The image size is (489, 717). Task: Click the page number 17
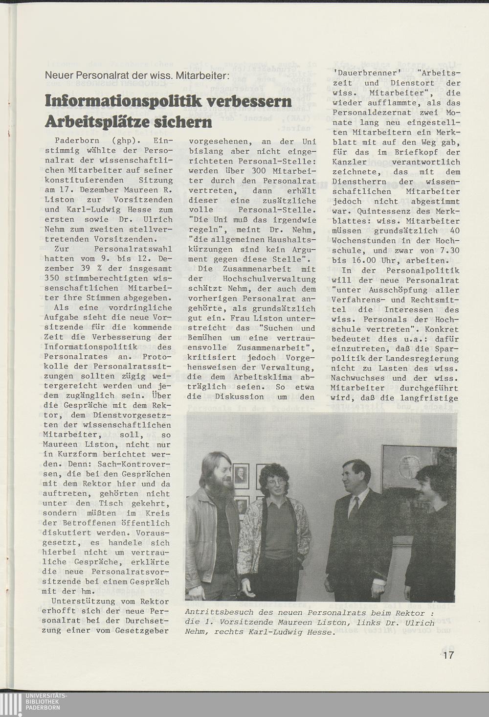tap(448, 655)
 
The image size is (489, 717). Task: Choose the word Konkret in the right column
tap(443, 329)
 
